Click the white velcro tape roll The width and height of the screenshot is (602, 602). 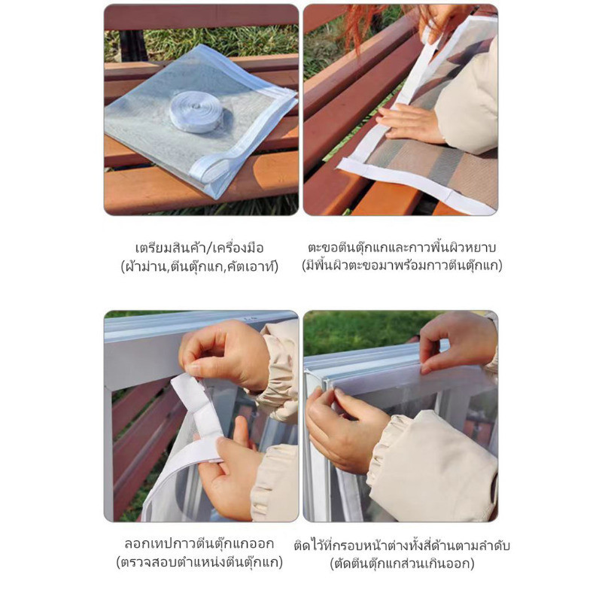click(196, 111)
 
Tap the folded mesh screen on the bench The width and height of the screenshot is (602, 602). click(199, 119)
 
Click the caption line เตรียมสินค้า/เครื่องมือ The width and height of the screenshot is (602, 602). click(199, 248)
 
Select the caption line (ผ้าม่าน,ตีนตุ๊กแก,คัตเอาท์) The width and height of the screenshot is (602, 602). click(199, 266)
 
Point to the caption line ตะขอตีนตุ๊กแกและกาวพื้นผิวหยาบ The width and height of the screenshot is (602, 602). click(402, 248)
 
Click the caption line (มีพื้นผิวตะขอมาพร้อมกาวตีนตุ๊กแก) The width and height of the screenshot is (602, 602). click(402, 266)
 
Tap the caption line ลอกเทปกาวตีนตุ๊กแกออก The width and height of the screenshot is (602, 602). click(199, 544)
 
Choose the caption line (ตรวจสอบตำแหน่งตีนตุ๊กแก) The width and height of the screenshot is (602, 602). click(199, 562)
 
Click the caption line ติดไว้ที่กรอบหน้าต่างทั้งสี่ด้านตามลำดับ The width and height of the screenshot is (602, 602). click(402, 545)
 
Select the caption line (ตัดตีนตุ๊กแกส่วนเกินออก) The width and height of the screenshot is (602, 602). click(402, 563)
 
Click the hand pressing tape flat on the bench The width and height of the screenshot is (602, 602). click(409, 123)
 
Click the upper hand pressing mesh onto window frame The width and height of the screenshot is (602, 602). click(457, 342)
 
